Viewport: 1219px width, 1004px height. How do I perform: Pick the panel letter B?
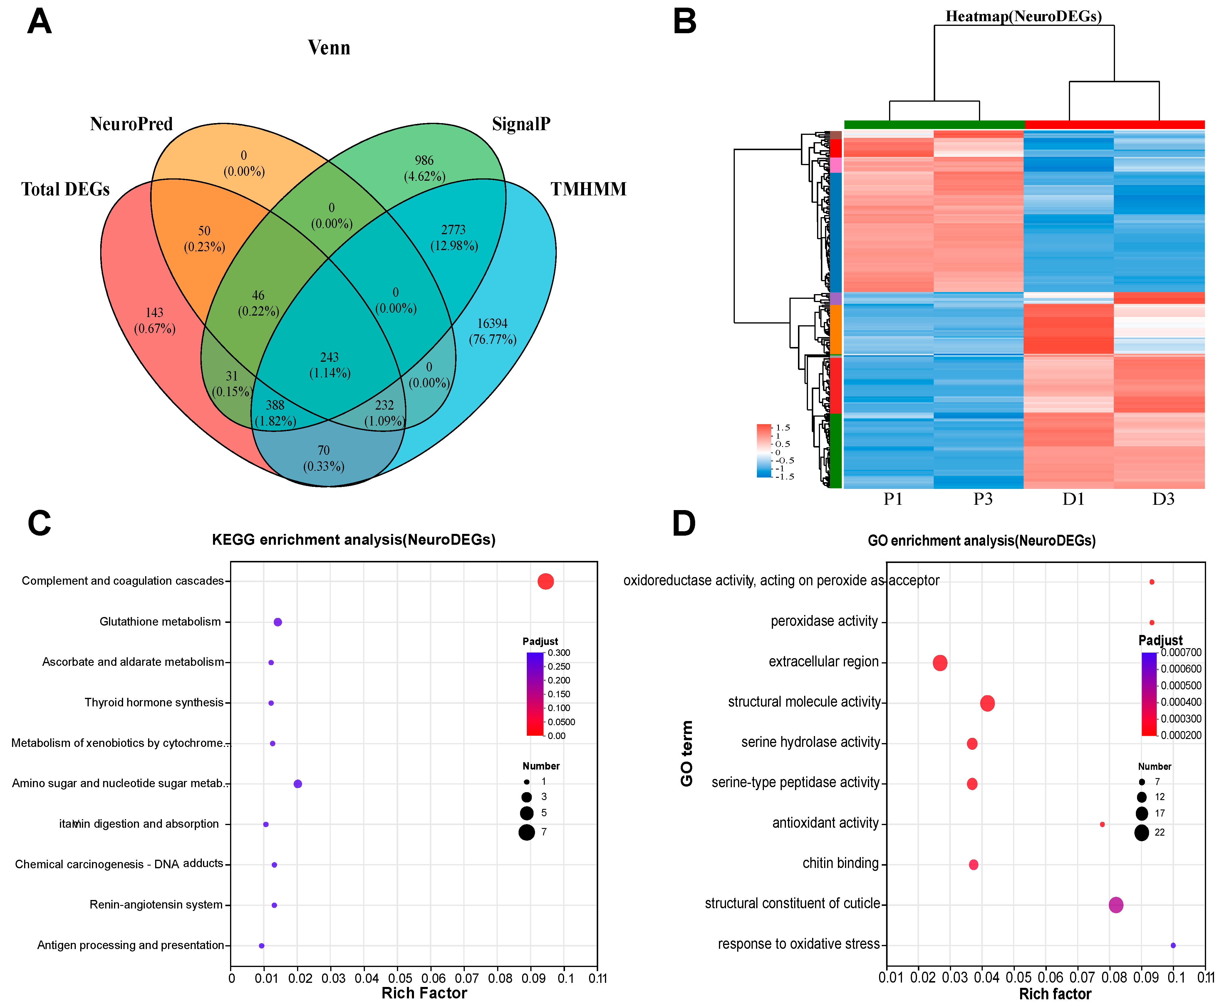tap(685, 22)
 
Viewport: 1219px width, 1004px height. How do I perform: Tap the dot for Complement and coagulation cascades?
tap(545, 581)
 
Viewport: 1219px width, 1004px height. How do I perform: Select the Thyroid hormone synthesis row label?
tap(154, 703)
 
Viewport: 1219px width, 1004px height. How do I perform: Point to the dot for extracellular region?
tap(940, 663)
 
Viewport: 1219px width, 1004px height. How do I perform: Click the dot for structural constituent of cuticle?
tap(1116, 905)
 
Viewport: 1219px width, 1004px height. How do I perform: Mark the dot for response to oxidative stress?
tap(1173, 946)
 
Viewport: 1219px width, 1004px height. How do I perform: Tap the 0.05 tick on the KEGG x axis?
tap(400, 978)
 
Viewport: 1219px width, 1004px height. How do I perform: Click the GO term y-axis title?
tap(687, 753)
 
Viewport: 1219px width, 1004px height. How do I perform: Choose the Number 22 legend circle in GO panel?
tap(1141, 833)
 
